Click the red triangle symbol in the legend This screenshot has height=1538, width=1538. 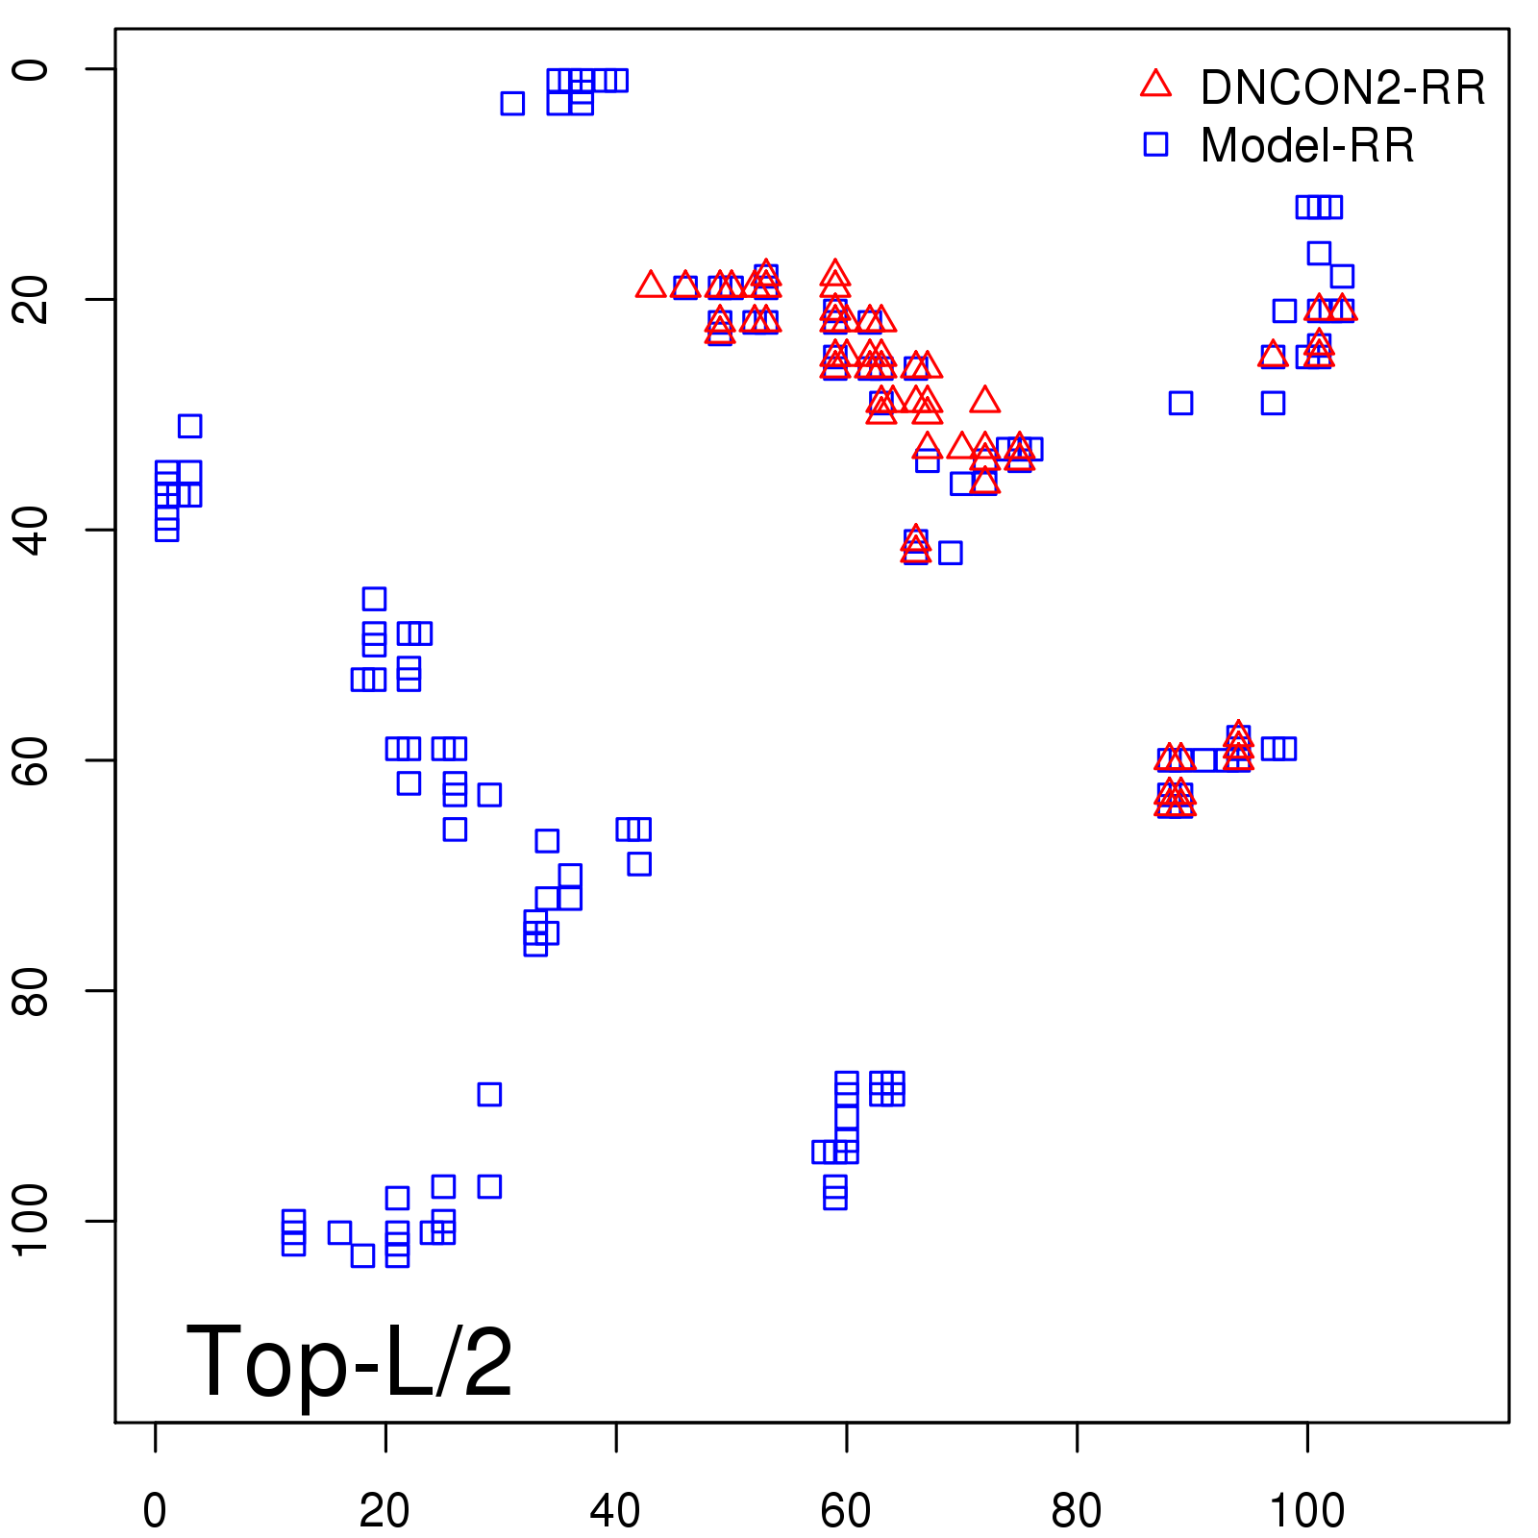(x=1155, y=85)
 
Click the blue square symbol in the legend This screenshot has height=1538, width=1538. (x=1155, y=144)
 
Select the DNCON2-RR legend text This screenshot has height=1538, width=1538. (x=1343, y=88)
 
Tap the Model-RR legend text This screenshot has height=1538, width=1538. (x=1307, y=146)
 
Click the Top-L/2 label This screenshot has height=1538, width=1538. (x=349, y=1361)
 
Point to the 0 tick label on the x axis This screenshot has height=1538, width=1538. (x=155, y=1511)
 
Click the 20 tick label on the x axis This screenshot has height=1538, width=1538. (x=384, y=1511)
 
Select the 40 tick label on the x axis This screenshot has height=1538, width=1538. (x=615, y=1511)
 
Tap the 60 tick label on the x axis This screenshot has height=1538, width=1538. (x=846, y=1511)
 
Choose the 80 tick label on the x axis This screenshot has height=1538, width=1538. (x=1077, y=1511)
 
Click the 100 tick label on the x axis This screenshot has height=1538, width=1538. (x=1307, y=1511)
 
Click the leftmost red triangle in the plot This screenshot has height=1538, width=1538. (x=651, y=285)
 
